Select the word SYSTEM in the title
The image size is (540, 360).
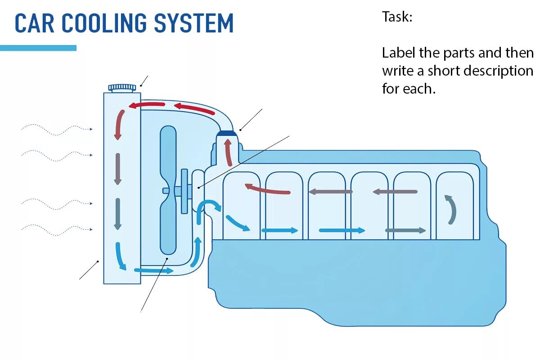(x=194, y=23)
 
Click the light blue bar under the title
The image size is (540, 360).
(x=38, y=48)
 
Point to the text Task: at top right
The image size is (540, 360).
(x=397, y=17)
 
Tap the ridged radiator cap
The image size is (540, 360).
(x=122, y=87)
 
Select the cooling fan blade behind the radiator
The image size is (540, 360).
(x=169, y=189)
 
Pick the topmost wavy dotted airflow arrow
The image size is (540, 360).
(x=56, y=130)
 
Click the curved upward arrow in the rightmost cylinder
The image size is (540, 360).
(x=451, y=209)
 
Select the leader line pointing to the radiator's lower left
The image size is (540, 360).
(x=89, y=270)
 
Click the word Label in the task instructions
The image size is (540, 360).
(x=399, y=53)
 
